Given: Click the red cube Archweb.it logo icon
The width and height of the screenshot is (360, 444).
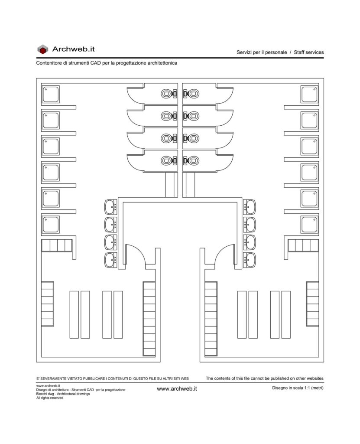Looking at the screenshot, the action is coord(43,49).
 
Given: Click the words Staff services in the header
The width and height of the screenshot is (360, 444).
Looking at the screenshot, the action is coord(308,52).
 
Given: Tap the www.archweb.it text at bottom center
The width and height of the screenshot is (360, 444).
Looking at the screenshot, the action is coord(177,389).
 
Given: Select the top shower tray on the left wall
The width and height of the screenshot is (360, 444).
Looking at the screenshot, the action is coord(51,94).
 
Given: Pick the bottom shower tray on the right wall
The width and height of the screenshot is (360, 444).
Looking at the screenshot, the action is coord(309,225).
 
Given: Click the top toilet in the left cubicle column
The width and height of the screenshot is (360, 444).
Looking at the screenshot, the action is coord(169,94).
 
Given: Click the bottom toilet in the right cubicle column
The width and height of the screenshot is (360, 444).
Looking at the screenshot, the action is coord(191,160).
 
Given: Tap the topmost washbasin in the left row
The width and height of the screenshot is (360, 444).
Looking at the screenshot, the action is coord(110,207).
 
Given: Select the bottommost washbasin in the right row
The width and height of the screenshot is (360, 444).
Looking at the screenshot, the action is coord(250,260).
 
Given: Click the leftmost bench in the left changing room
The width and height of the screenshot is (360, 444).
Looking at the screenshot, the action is coord(74,315).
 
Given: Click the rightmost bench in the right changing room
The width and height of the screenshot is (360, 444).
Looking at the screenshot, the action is coord(286,315).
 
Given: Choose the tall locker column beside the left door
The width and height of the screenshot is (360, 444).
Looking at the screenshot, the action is coord(149,319).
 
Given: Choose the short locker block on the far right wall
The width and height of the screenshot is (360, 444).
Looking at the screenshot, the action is coord(312,304).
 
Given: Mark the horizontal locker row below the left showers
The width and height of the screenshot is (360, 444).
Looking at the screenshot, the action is coord(57,245).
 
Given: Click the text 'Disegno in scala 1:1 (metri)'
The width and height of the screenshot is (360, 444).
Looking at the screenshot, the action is coord(298,388).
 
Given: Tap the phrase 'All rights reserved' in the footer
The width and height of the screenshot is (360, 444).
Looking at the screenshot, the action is coord(50,398).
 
